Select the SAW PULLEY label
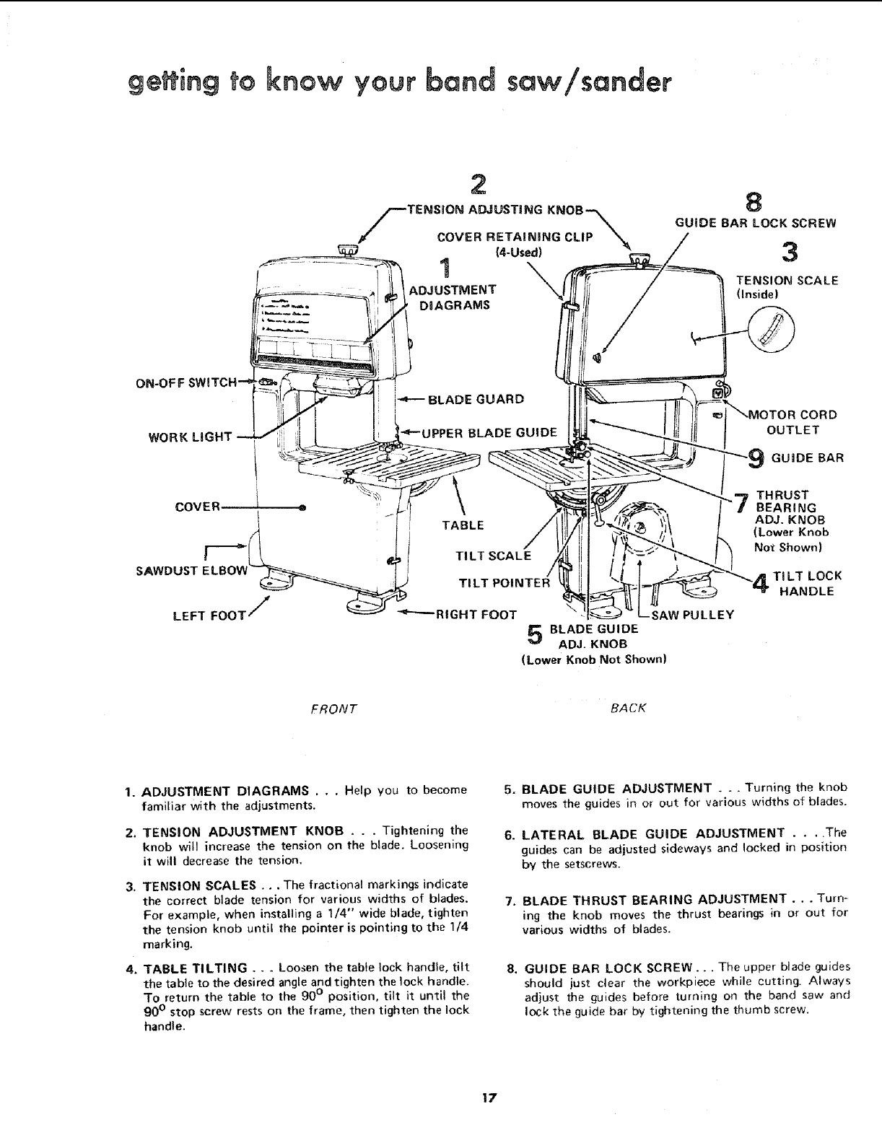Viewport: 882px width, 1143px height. pos(693,615)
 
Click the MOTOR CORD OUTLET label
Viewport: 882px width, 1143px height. pos(793,422)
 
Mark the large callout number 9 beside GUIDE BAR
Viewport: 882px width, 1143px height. pos(756,457)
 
